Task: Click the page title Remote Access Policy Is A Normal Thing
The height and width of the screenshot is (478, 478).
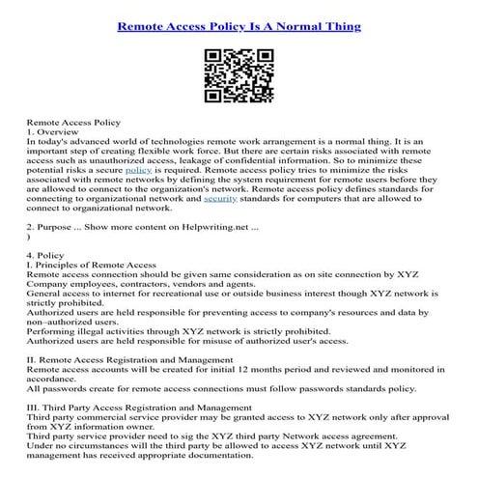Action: click(239, 26)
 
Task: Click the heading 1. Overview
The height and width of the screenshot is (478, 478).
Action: click(51, 136)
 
